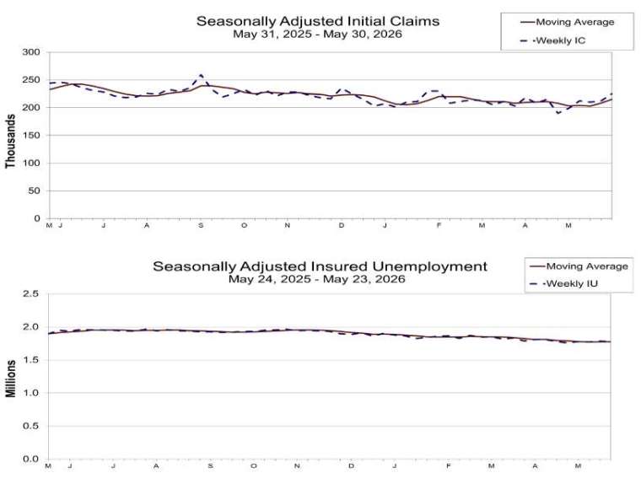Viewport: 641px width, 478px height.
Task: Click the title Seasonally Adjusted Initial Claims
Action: pos(318,21)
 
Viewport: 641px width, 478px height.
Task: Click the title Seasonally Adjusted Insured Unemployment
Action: pos(320,266)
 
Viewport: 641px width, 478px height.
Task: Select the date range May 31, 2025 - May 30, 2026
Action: pos(318,34)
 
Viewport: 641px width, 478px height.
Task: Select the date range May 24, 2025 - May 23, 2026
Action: pos(317,279)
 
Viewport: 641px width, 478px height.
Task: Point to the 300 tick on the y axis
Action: pos(31,52)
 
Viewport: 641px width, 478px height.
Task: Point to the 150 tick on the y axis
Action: pos(31,135)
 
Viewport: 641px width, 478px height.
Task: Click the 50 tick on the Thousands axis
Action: pos(35,191)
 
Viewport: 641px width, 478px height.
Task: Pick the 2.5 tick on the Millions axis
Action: pos(30,293)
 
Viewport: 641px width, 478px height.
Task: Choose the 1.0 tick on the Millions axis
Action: pos(30,393)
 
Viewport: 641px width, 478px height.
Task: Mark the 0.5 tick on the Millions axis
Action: pos(30,426)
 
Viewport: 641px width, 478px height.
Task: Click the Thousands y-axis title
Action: pos(10,141)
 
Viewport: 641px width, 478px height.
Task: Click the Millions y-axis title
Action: pos(10,379)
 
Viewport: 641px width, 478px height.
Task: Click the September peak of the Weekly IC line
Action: pos(201,76)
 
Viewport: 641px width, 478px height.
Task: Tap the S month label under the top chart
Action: pos(201,226)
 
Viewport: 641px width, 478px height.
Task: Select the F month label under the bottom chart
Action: pos(449,465)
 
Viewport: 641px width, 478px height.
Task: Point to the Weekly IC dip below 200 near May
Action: pos(558,113)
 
